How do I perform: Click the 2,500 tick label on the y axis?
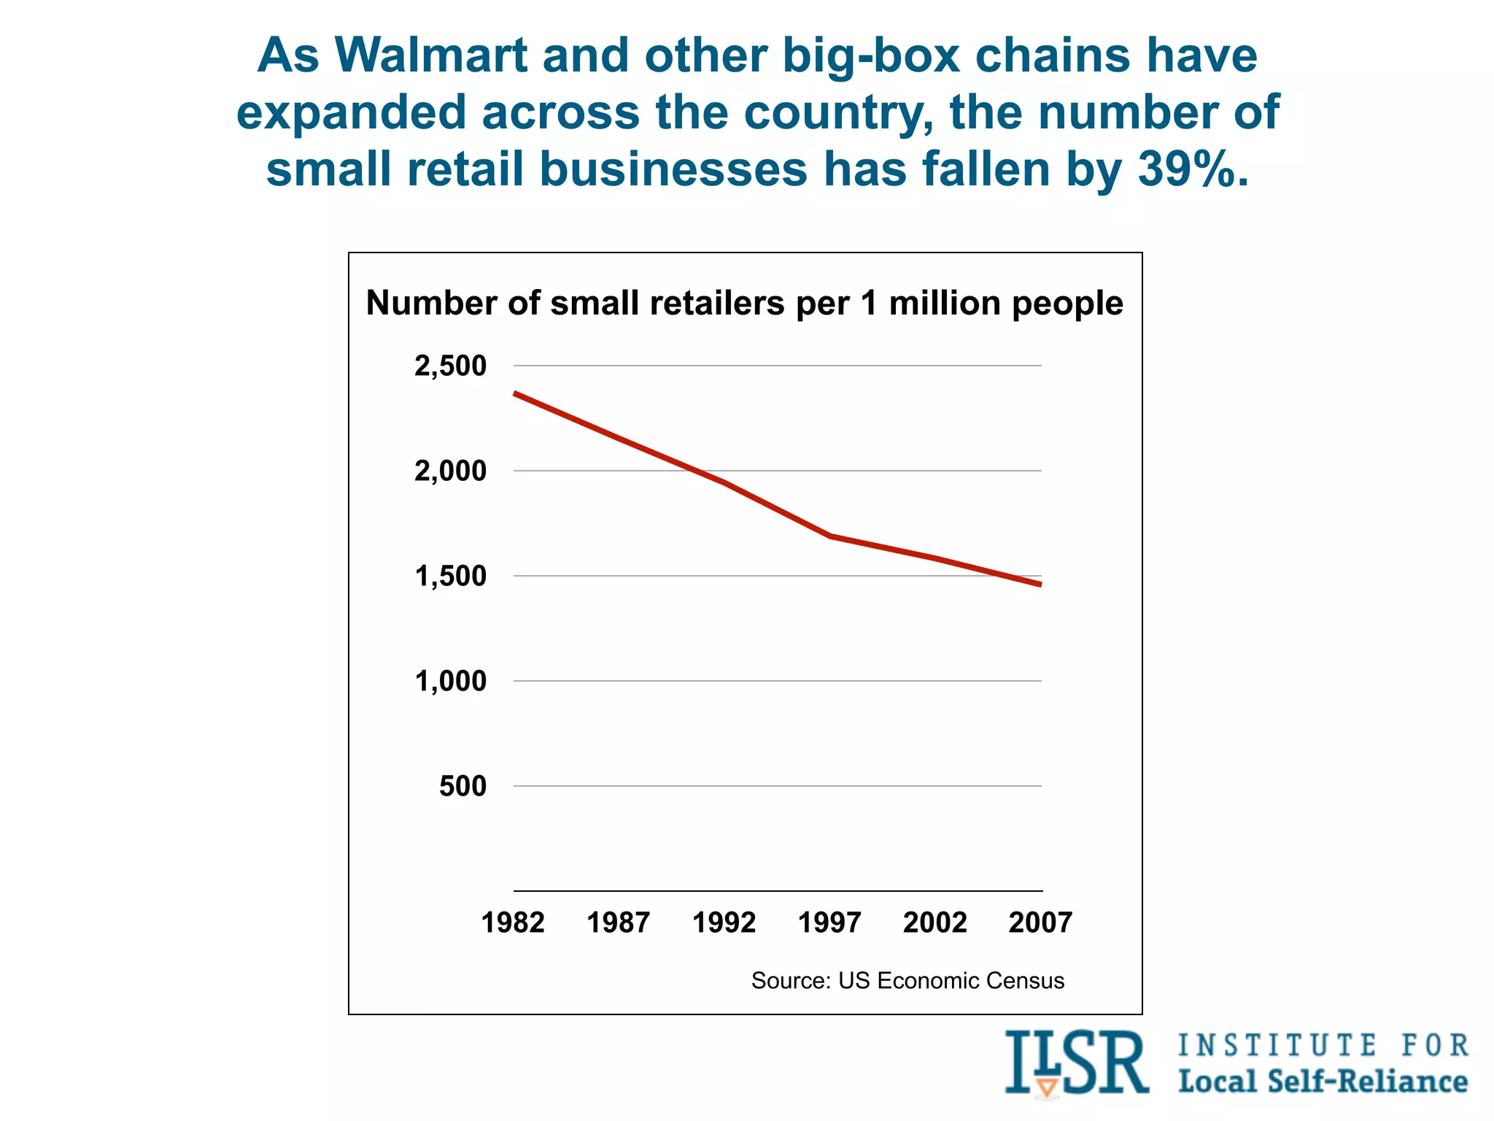[x=450, y=366]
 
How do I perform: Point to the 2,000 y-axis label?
[x=450, y=471]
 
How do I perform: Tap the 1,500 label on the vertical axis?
[x=450, y=577]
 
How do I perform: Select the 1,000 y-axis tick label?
[x=450, y=682]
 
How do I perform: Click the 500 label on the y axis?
[x=462, y=787]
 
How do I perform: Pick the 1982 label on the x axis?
[x=513, y=923]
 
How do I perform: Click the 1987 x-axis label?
[x=619, y=923]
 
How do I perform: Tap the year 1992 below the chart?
[x=724, y=923]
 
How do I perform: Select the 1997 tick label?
[x=829, y=923]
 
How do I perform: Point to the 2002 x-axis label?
[x=934, y=923]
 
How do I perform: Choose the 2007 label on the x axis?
[x=1040, y=923]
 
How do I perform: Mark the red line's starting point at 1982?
[x=516, y=393]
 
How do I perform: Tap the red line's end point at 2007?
[x=1040, y=585]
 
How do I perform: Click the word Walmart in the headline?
[x=431, y=55]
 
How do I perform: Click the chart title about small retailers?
[x=744, y=303]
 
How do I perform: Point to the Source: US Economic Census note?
[x=907, y=980]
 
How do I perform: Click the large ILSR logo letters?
[x=1077, y=1063]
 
